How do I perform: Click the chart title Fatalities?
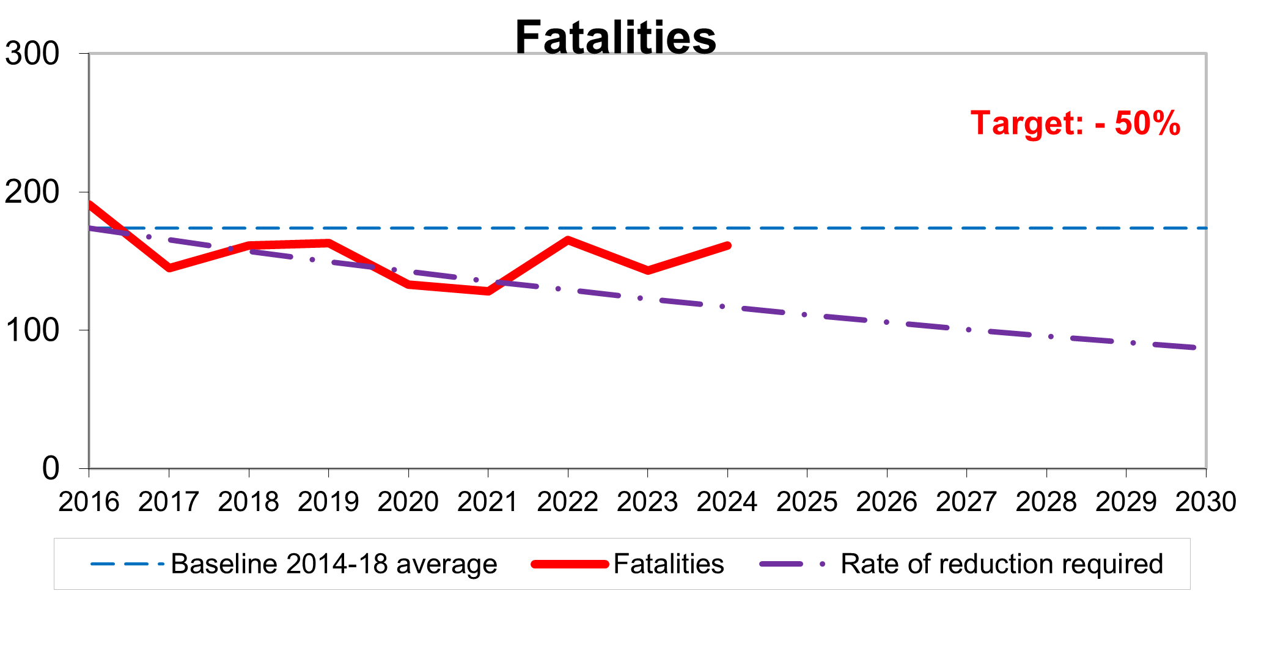tap(615, 38)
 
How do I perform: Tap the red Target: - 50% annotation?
tap(1075, 123)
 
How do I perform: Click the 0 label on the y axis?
tap(51, 468)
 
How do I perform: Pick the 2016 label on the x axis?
tap(89, 502)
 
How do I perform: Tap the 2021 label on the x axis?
tap(488, 502)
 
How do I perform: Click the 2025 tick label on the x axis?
tap(807, 502)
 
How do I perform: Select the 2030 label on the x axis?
tap(1205, 502)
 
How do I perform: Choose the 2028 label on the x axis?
tap(1046, 502)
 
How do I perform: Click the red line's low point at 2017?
tap(169, 267)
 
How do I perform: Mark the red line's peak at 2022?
tap(568, 240)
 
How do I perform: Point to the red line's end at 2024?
tap(727, 245)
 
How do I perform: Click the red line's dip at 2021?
tap(488, 291)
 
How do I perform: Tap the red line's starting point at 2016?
tap(90, 205)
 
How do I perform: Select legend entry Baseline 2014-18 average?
tap(334, 564)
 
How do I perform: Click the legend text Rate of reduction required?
tap(1001, 564)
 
